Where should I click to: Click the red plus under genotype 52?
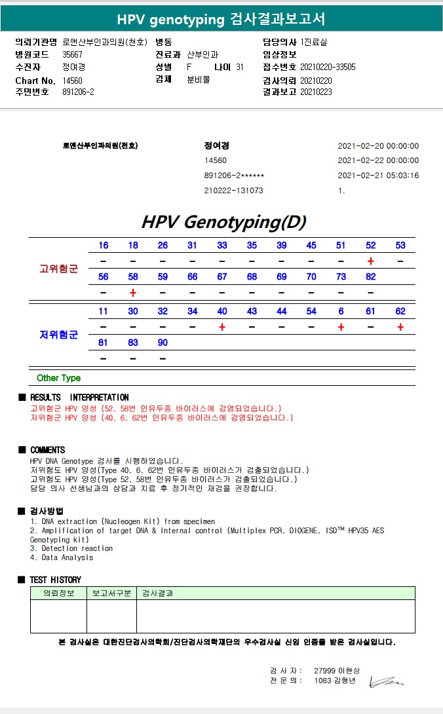point(371,261)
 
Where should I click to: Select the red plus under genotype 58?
point(133,293)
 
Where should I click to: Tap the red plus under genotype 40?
point(222,327)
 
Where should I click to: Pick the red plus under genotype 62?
point(400,327)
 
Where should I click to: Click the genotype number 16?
point(104,246)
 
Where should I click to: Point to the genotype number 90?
point(163,343)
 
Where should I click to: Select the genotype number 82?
point(371,277)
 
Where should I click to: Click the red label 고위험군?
point(59,269)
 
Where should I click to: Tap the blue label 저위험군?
point(59,335)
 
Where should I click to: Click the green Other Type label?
point(58,378)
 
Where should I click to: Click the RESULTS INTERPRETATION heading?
point(79,398)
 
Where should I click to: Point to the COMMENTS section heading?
point(47,450)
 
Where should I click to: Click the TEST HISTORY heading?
point(55,580)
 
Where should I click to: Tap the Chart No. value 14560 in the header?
point(72,80)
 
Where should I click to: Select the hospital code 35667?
point(72,54)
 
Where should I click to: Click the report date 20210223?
point(316,92)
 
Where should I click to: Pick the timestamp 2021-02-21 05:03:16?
point(378,176)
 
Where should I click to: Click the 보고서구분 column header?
point(111,593)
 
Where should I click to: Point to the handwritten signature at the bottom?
point(386,683)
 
